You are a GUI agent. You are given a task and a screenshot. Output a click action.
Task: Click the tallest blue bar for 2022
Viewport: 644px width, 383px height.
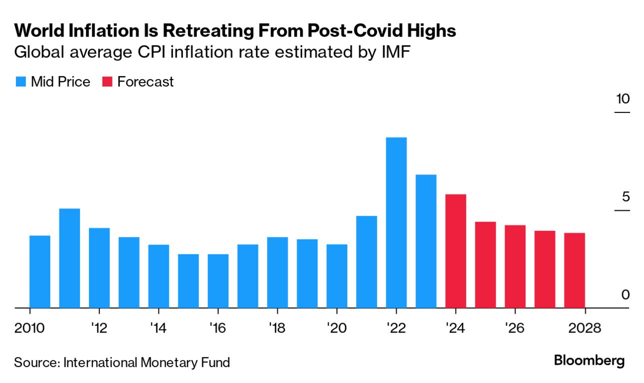pos(396,222)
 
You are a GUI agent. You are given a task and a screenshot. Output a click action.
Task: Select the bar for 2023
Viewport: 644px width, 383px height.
pos(426,241)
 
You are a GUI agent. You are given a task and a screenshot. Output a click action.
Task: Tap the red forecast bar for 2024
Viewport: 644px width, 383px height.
pos(456,251)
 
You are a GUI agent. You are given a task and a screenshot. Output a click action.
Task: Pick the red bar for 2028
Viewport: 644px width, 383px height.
pos(575,270)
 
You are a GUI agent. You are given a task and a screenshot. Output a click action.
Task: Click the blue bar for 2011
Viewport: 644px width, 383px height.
pos(69,258)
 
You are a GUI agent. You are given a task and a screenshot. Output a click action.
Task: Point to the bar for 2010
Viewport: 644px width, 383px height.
pos(40,271)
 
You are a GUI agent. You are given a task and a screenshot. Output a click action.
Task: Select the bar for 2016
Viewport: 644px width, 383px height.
pos(218,281)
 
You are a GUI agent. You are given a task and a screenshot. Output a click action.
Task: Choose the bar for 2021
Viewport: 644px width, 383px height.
pos(367,261)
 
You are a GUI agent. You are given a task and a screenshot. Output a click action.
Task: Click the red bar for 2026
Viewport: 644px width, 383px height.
pos(515,266)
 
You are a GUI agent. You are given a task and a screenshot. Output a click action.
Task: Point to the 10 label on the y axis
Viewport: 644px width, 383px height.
pos(623,99)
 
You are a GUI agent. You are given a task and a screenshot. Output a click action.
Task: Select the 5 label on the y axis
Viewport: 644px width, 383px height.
pos(626,197)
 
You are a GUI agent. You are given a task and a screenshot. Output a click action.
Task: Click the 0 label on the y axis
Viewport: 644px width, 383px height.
pos(626,295)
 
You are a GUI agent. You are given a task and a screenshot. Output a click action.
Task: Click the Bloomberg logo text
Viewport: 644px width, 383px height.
pos(589,360)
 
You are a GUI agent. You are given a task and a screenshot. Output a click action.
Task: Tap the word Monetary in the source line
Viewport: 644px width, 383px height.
pos(163,362)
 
